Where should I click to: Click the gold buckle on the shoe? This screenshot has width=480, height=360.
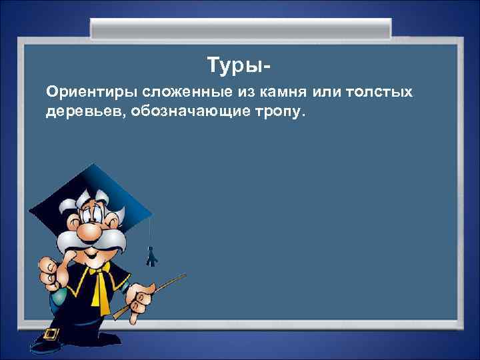click(x=51, y=333)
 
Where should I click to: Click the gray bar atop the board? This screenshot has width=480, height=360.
click(x=240, y=29)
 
